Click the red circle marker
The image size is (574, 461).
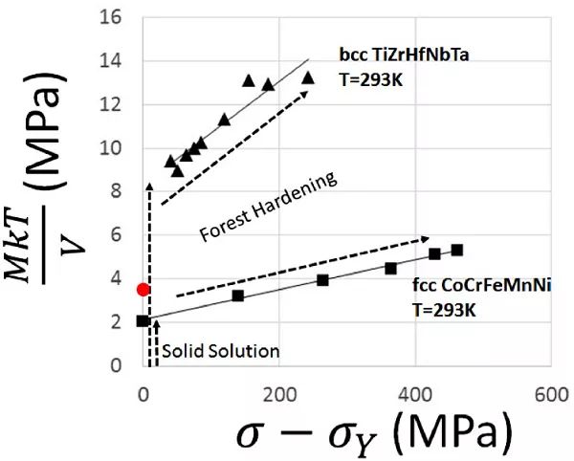(x=143, y=289)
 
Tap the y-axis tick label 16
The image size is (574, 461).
(x=114, y=17)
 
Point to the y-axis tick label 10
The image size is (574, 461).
(x=114, y=148)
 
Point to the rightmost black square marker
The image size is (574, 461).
(x=457, y=251)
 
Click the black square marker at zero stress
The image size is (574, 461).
(x=143, y=321)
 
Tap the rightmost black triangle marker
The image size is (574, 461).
(x=308, y=77)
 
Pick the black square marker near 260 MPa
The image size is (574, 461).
(x=322, y=280)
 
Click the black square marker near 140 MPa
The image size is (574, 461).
(x=238, y=296)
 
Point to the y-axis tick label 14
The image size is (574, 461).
(x=114, y=61)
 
